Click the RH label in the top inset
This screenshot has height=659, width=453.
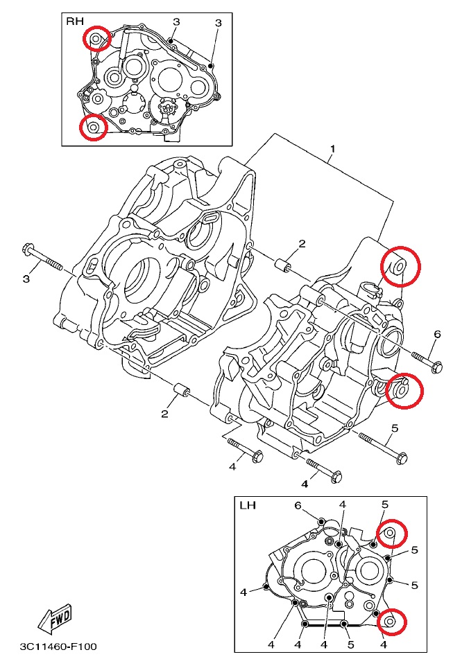coord(74,21)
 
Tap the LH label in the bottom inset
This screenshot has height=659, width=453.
coord(248,505)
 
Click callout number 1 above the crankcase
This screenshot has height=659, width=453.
coord(332,149)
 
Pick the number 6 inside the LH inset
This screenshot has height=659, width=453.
coord(298,505)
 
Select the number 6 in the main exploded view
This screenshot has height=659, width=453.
coord(437,335)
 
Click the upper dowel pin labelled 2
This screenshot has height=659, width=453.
coord(282,264)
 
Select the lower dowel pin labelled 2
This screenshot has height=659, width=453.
coord(182,392)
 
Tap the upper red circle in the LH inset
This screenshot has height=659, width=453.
coord(389,532)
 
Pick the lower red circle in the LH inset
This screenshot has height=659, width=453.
coord(390,621)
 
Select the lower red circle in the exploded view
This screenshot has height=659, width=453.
coord(403,389)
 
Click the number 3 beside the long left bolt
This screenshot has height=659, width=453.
coord(26,279)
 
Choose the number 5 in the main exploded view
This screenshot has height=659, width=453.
coord(394,428)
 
